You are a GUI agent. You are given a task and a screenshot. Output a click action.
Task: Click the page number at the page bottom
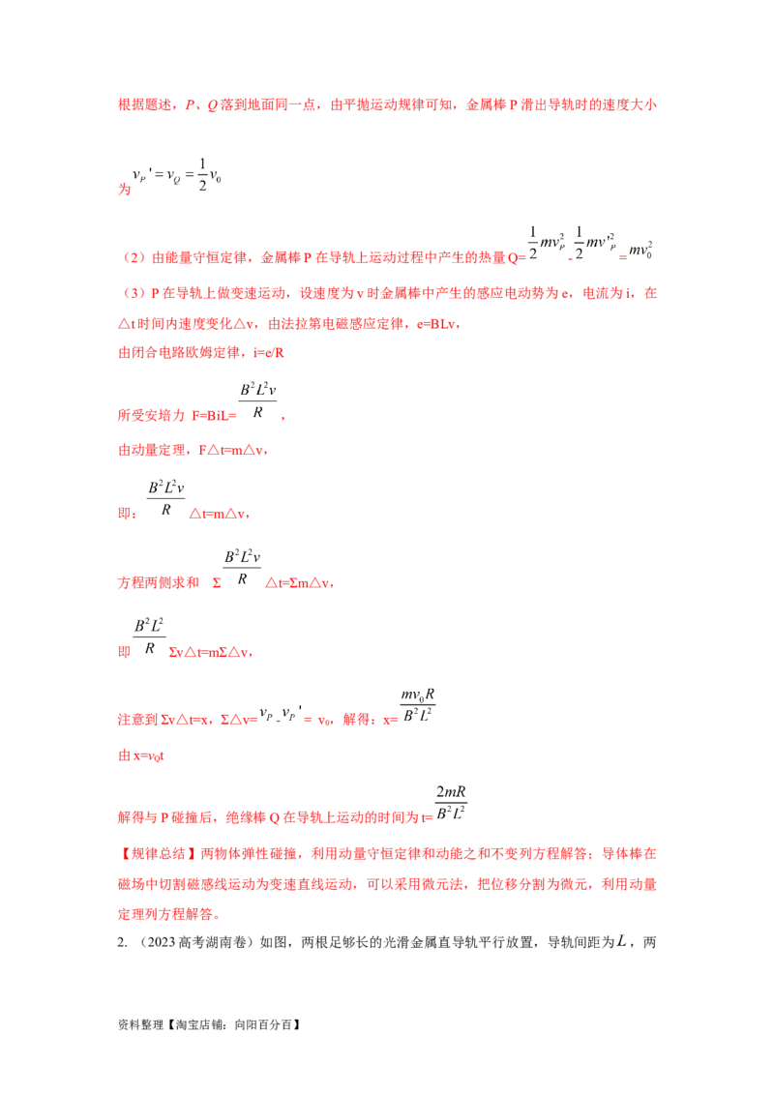coord(622,940)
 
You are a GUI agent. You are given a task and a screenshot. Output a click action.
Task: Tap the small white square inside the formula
coord(252,407)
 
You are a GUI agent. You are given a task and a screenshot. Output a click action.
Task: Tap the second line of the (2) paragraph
coord(290,326)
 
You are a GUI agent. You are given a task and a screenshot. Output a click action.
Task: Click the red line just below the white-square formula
coord(193,450)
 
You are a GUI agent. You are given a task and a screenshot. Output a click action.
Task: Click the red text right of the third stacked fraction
coord(211,653)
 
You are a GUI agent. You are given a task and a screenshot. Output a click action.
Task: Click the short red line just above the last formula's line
coord(142,756)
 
